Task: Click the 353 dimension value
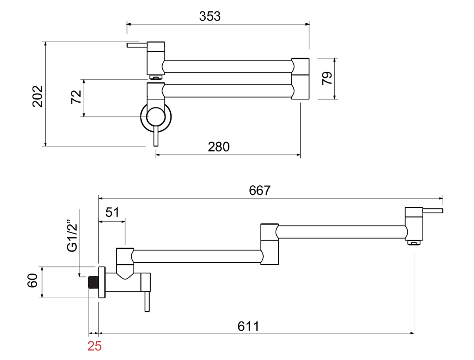[x=210, y=16]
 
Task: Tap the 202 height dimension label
[x=38, y=97]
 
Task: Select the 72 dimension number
[x=76, y=97]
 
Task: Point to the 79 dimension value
[x=327, y=78]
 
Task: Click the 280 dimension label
[x=219, y=147]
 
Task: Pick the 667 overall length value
[x=260, y=191]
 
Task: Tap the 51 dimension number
[x=112, y=212]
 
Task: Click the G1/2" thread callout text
[x=72, y=238]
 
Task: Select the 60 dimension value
[x=32, y=281]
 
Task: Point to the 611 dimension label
[x=248, y=327]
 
